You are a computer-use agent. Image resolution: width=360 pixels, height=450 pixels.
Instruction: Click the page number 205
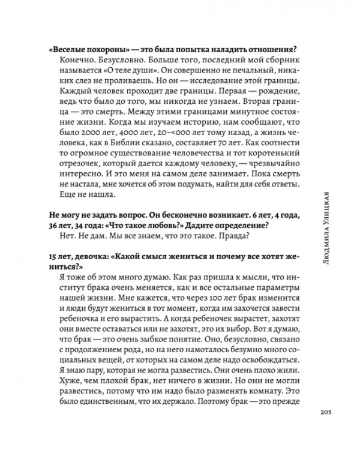click(x=322, y=412)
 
